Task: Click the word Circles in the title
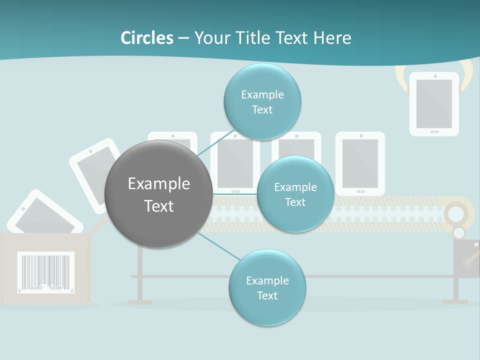click(x=147, y=38)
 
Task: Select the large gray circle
click(x=158, y=194)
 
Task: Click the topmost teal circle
click(x=262, y=102)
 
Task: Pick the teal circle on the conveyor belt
click(x=295, y=194)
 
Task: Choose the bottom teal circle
click(x=267, y=287)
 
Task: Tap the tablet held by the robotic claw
click(x=434, y=104)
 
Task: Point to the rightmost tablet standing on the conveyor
click(x=360, y=163)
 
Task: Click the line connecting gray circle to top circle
click(x=216, y=147)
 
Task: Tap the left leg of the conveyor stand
click(x=140, y=275)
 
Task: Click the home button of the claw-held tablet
click(x=434, y=131)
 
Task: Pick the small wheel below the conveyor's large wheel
click(x=458, y=232)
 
